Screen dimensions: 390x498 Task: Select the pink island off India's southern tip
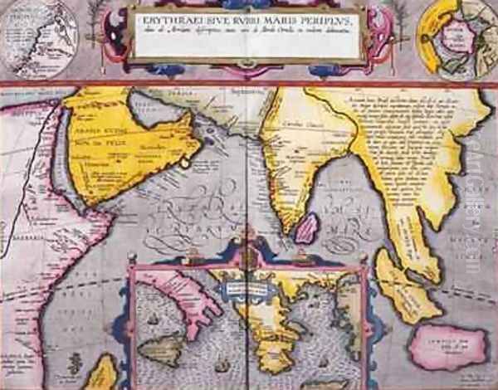[x=305, y=226]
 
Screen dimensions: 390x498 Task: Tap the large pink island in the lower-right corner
[x=448, y=347]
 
